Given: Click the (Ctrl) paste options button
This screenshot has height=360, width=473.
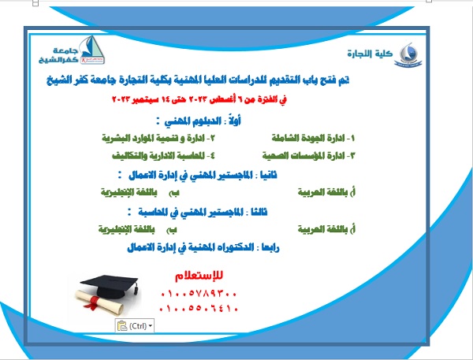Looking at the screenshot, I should click(134, 325).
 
